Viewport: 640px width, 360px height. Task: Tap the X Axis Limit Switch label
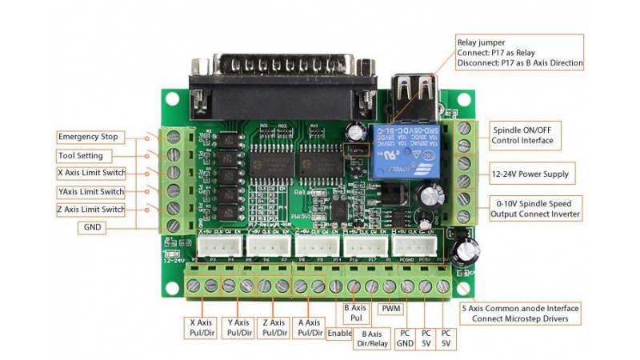(91, 173)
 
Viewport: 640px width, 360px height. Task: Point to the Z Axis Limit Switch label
(91, 210)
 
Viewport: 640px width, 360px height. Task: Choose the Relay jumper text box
(519, 53)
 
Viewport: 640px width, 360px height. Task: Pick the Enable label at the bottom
(339, 333)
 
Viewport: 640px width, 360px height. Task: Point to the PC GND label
(405, 338)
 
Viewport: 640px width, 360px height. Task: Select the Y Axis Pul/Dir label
(238, 327)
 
